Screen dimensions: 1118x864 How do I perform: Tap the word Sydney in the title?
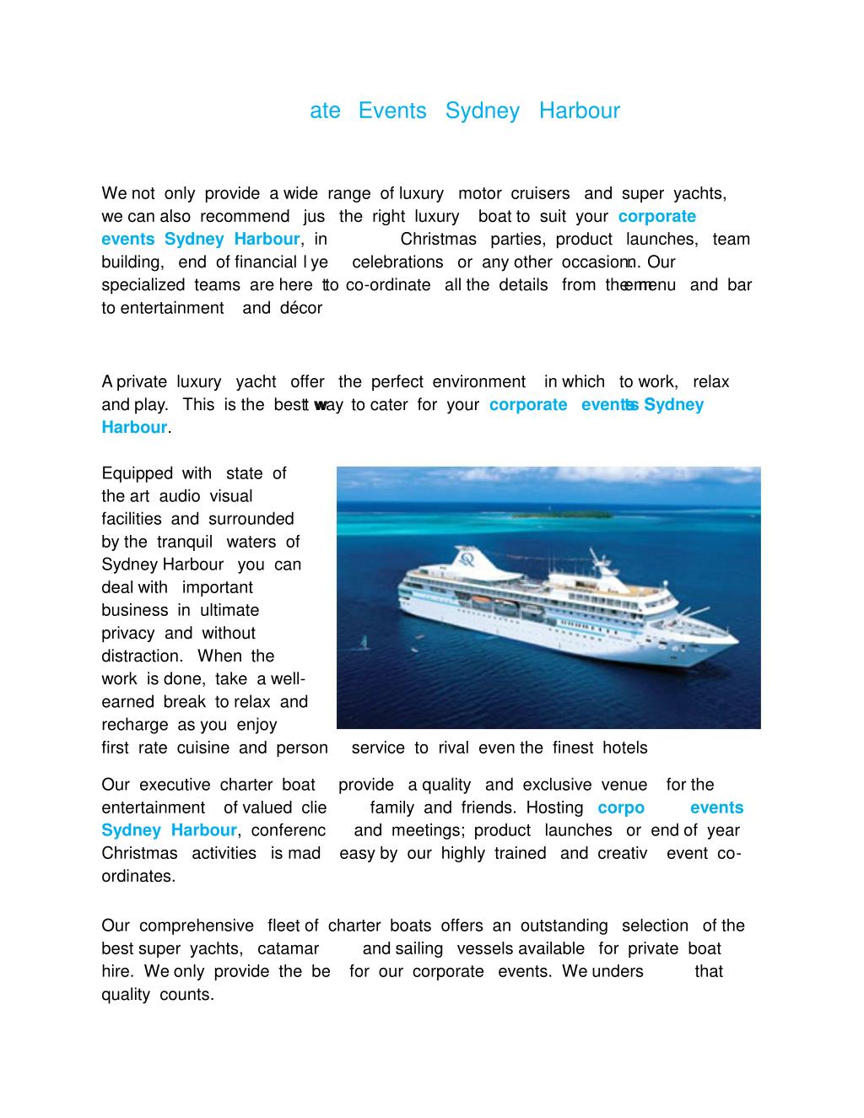[482, 111]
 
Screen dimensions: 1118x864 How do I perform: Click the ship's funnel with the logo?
[466, 557]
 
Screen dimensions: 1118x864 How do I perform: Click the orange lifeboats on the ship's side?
[498, 602]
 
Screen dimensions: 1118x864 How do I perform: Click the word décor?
[295, 308]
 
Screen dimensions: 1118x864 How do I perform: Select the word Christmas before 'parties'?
[438, 239]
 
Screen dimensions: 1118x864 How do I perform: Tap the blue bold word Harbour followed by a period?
[134, 427]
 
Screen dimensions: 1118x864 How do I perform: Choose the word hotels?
[624, 748]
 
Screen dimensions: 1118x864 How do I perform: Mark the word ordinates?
[138, 876]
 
